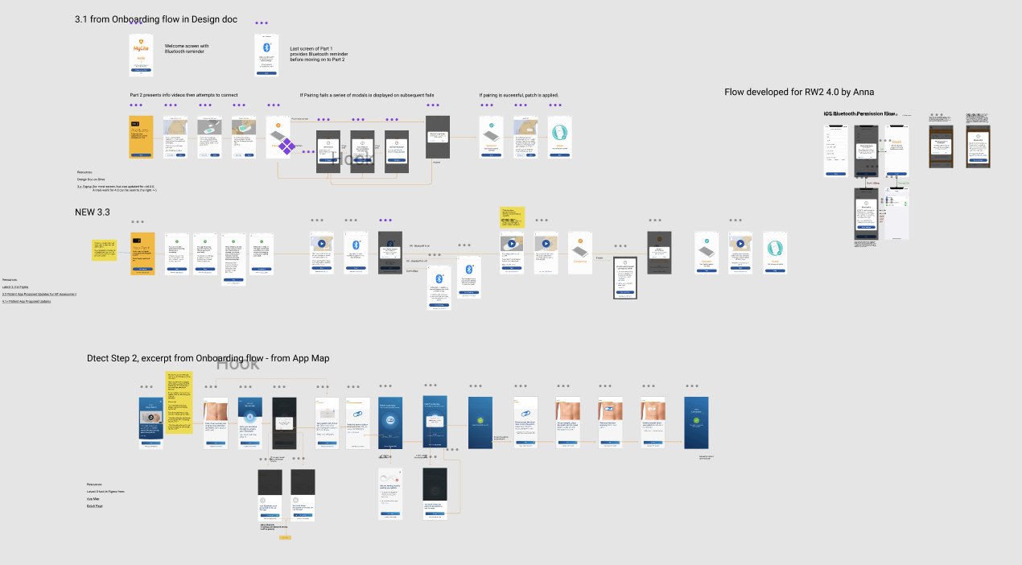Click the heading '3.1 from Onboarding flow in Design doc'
(156, 19)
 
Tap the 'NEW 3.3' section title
(92, 212)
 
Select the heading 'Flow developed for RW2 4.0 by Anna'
(799, 92)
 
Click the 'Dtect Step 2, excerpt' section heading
(208, 358)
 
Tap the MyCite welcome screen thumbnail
(141, 55)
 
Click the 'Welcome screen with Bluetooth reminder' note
(187, 49)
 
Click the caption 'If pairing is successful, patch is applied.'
(518, 95)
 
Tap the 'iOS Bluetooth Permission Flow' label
(859, 114)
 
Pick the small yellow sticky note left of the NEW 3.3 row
(105, 250)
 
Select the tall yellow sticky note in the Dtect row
(179, 402)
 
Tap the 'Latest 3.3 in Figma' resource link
(16, 287)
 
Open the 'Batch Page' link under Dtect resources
(95, 505)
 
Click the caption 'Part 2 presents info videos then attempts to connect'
(183, 95)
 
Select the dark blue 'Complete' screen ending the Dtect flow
(696, 423)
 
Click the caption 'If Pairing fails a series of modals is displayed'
(367, 95)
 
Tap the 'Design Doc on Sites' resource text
(93, 179)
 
